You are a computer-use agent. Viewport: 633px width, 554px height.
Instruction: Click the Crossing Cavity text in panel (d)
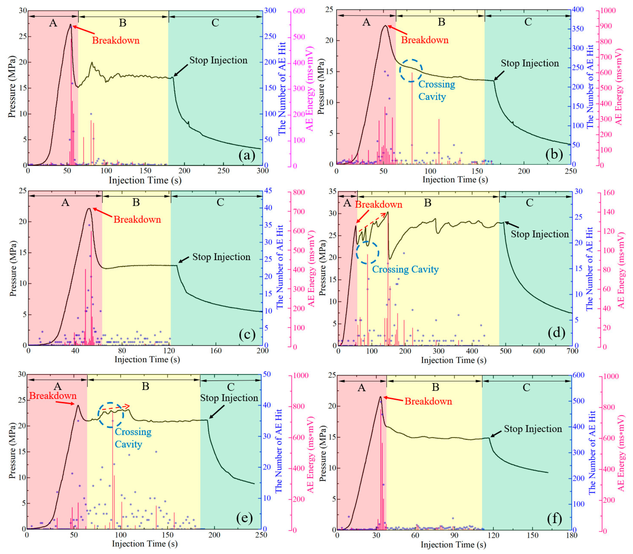coord(405,269)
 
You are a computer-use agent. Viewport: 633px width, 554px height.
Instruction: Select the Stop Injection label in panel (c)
coord(221,257)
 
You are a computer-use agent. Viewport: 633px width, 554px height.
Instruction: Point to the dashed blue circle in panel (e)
coord(111,415)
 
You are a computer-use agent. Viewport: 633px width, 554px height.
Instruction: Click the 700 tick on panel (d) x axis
coord(572,351)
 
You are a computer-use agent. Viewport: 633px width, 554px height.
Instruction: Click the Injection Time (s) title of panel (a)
coord(145,180)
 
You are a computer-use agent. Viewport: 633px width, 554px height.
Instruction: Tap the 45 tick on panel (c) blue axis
coord(268,191)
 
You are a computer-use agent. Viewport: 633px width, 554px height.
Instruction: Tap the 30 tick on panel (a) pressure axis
coord(23,11)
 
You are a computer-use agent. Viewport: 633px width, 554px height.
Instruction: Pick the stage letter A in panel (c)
coord(65,202)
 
